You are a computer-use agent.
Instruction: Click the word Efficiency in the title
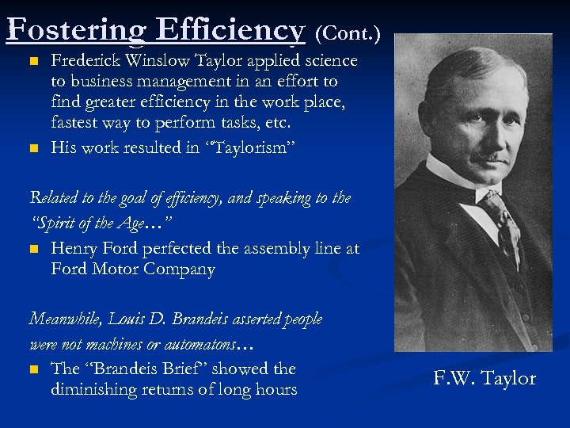[230, 30]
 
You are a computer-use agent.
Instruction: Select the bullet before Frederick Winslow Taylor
[32, 61]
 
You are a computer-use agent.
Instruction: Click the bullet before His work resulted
[32, 147]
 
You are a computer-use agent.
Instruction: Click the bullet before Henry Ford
[32, 249]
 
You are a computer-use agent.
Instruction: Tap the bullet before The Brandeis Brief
[32, 369]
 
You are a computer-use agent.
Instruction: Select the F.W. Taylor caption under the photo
[484, 379]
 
